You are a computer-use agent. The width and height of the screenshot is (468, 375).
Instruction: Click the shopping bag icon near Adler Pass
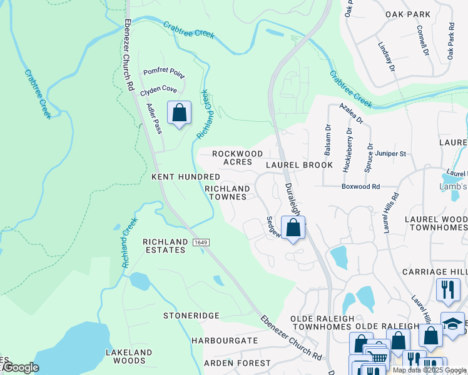179,113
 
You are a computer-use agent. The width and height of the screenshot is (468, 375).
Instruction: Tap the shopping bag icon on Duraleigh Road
293,228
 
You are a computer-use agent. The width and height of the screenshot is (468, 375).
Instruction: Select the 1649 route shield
200,242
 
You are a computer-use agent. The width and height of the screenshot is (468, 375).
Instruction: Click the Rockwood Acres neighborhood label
237,159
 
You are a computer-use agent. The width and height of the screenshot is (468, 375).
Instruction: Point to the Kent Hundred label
186,177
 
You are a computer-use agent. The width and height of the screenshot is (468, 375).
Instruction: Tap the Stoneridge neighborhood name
191,316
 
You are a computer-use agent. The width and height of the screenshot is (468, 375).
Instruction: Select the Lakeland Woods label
130,356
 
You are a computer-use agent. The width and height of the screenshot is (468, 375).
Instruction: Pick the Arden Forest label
236,363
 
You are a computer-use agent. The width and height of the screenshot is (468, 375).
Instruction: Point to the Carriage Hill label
435,272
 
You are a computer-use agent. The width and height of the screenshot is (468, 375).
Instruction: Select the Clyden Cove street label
158,89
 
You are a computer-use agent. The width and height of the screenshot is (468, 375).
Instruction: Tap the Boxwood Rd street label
360,186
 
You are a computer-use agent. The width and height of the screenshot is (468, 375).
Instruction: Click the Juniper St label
390,153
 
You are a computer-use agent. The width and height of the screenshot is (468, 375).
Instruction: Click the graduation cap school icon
452,324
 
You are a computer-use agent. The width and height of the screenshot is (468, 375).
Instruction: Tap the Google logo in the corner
20,367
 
